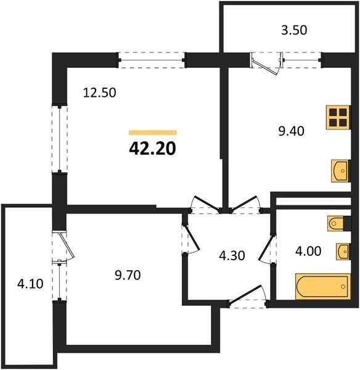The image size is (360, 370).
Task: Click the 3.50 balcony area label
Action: point(294,30)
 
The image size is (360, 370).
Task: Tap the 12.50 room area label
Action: point(99,92)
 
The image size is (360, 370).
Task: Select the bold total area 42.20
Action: point(153,149)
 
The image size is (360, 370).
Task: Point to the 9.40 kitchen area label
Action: point(292,131)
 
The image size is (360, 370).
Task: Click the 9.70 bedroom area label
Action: point(128,275)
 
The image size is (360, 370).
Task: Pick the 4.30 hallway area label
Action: point(232,256)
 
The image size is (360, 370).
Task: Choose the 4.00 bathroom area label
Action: point(308,251)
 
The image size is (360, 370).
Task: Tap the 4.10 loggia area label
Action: point(30,284)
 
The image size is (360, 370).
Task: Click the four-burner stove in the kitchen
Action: point(338,117)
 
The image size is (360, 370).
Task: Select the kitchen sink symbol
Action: point(340,171)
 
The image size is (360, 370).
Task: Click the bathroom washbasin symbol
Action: point(343,252)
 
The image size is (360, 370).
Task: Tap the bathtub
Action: point(323,287)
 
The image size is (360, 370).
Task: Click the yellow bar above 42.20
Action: point(153,133)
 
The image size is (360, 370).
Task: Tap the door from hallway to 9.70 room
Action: point(192,238)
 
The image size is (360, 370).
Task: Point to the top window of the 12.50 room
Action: point(151,60)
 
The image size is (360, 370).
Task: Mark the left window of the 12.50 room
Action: point(60,139)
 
